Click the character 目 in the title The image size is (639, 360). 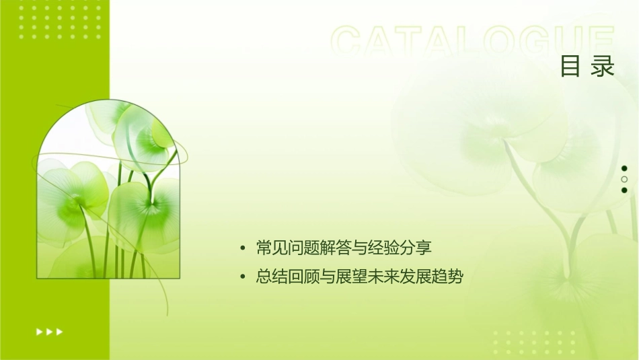click(570, 66)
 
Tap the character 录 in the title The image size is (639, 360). click(603, 66)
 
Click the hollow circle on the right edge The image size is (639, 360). click(624, 180)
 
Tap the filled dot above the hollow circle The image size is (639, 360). click(624, 168)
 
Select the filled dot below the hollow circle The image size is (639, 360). click(624, 190)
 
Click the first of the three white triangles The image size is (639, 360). click(39, 332)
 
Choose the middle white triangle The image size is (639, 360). click(49, 332)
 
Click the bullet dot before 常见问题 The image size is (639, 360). click(243, 249)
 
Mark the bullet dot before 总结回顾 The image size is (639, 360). click(243, 277)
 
